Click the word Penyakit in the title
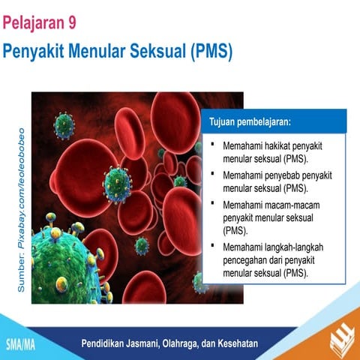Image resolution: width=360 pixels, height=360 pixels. click(x=34, y=52)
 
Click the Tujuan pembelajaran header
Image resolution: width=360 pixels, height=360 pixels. click(x=250, y=120)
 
